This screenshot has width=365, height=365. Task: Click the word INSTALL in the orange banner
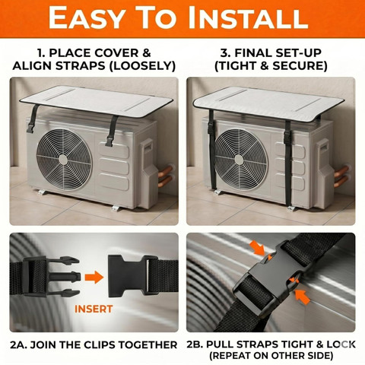click(248, 18)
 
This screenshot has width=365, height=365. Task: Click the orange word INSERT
click(94, 309)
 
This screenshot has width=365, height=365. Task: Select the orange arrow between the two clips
click(94, 278)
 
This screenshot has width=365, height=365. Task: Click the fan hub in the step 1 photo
click(63, 160)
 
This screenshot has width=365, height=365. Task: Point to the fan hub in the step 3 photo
click(239, 160)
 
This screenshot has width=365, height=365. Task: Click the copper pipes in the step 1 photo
click(165, 176)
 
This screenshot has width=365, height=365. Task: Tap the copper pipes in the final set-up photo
click(341, 176)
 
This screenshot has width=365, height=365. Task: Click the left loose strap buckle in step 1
click(30, 126)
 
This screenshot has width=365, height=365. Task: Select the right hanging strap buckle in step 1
click(109, 140)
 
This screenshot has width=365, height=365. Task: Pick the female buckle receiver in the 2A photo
click(129, 275)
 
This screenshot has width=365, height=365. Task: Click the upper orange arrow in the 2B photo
click(257, 248)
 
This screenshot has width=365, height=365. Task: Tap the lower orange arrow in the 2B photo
click(302, 297)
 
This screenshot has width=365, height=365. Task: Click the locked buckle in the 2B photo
click(272, 272)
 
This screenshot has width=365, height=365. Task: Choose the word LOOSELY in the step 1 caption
click(142, 66)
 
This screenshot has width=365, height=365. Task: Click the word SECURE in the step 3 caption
click(300, 66)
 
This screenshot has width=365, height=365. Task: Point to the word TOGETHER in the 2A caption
click(148, 345)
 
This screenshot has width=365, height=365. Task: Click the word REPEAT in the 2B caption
click(233, 355)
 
